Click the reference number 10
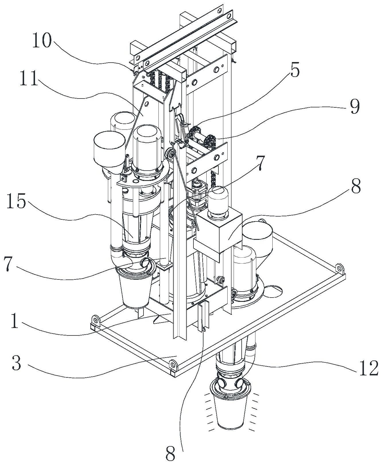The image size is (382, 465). pos(42,41)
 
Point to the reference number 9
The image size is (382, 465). pos(354,107)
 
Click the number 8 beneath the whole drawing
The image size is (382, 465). pos(171,455)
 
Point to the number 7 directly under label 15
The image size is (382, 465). pos(10,265)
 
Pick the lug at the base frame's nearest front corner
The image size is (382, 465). pos(172,364)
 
